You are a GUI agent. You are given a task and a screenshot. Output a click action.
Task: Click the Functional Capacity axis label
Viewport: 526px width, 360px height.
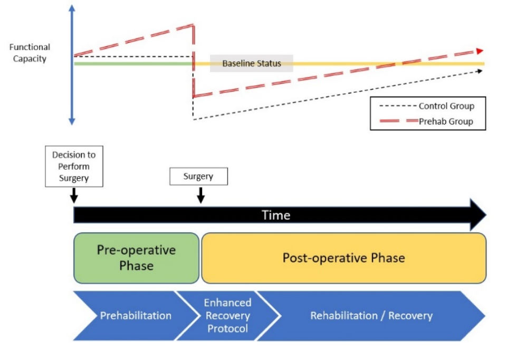(30, 53)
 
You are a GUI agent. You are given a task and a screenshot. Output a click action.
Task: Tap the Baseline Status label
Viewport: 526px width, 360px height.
(252, 63)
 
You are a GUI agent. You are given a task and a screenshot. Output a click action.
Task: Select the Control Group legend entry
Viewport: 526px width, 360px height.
(427, 106)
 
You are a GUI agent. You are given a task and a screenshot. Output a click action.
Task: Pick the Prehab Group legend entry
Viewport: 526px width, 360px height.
(426, 121)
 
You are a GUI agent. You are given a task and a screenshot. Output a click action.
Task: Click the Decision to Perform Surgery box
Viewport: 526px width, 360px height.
(74, 166)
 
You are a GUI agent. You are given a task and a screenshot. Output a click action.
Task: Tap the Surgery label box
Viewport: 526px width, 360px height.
(198, 177)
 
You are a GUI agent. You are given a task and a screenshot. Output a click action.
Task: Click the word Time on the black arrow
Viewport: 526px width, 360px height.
(276, 215)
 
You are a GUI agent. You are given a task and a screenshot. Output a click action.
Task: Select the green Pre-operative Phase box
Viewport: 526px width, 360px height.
(136, 258)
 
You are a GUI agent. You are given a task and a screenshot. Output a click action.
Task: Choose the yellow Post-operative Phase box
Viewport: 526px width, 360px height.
(344, 258)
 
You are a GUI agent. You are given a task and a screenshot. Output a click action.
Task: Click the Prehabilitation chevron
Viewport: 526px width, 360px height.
(136, 316)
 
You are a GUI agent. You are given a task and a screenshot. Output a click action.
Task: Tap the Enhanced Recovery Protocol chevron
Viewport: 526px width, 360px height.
(228, 316)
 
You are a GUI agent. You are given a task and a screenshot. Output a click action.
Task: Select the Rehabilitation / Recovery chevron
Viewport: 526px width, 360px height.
(371, 316)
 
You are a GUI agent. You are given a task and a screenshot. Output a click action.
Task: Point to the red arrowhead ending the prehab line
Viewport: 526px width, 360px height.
(480, 51)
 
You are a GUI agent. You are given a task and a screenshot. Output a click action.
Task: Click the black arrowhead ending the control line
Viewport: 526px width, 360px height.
(480, 71)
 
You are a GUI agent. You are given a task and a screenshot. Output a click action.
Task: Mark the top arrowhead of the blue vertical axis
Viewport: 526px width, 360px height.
(72, 8)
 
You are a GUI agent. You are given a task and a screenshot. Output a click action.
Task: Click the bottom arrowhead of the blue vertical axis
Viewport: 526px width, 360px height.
(72, 121)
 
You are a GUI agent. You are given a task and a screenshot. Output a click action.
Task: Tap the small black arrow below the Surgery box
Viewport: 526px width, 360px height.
(200, 196)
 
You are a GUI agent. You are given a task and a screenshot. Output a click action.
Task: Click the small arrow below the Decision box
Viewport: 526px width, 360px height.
(74, 196)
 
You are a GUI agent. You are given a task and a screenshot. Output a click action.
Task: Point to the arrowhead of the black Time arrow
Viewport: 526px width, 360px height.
(478, 215)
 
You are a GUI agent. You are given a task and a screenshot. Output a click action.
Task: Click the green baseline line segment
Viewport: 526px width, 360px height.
(133, 64)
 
